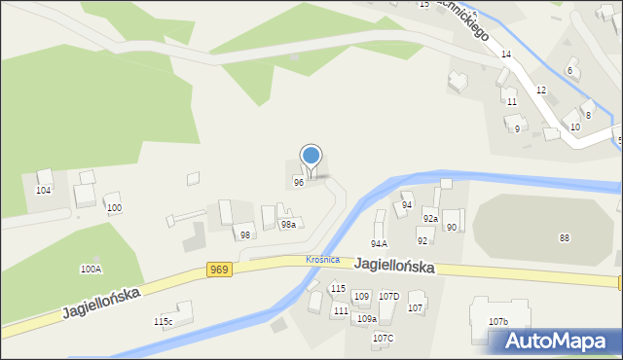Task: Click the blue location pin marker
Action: [311, 157]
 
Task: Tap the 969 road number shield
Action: [219, 270]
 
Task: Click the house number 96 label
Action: [299, 182]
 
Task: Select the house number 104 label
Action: [43, 191]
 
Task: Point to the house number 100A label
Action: [91, 269]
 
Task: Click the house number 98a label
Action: [288, 225]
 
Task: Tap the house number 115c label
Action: [163, 322]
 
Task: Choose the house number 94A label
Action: [380, 244]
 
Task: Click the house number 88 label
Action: [565, 238]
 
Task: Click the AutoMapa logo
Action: [561, 341]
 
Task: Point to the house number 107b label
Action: [498, 321]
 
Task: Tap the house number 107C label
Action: [383, 338]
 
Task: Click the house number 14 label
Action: [506, 54]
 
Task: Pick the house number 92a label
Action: [430, 219]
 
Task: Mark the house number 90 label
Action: [452, 228]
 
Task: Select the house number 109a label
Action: [366, 318]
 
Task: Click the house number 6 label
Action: [569, 71]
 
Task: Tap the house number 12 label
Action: [541, 90]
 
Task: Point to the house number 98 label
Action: [245, 235]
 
